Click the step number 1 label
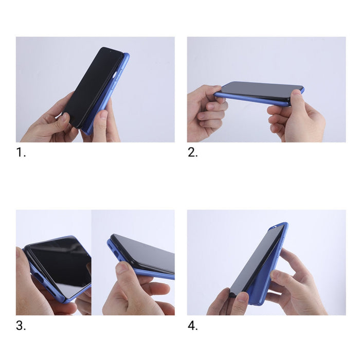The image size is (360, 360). [x=21, y=152]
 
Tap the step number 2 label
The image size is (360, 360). [x=192, y=152]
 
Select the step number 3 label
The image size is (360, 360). [x=21, y=325]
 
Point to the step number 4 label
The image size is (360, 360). [x=192, y=325]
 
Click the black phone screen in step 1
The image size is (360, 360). [x=93, y=85]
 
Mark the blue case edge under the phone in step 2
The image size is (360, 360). [x=247, y=99]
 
